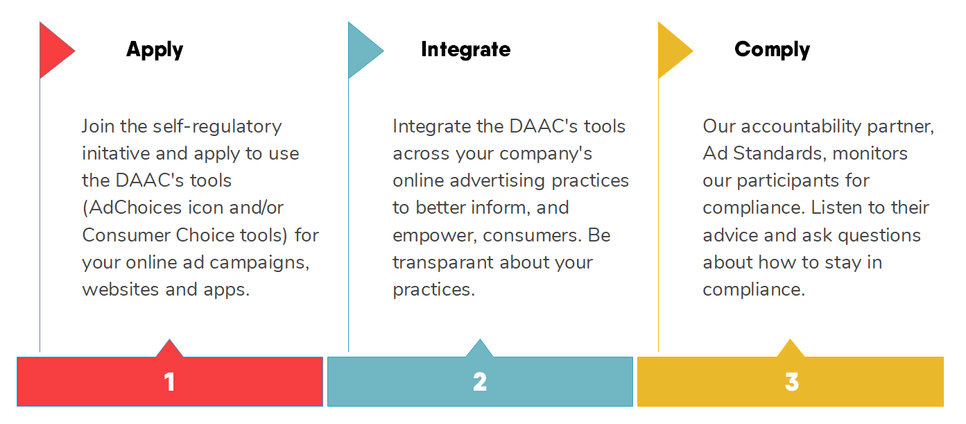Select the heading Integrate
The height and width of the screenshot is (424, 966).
click(466, 49)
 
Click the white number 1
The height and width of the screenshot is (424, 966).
click(169, 382)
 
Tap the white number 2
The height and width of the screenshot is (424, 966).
click(480, 382)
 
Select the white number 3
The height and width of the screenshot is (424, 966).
click(792, 382)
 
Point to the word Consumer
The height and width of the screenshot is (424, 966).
click(126, 235)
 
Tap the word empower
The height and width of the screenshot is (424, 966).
click(435, 236)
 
